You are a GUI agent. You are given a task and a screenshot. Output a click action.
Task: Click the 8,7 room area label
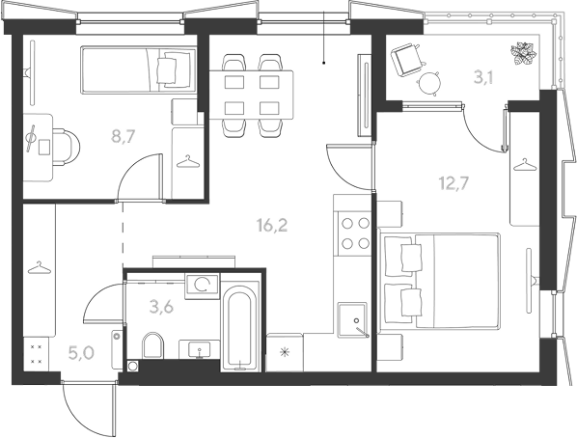coord(124,136)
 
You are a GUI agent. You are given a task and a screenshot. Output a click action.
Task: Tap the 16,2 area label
coord(272,225)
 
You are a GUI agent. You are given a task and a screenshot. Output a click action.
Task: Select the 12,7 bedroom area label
coord(454,183)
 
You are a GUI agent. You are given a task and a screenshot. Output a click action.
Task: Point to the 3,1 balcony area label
coord(482,77)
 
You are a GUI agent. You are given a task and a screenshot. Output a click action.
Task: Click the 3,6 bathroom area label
coord(161,306)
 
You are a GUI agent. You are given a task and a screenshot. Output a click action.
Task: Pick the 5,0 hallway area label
coord(81,352)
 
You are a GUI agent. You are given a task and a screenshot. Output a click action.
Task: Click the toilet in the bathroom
coord(152,345)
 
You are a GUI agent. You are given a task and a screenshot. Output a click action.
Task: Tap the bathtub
coord(240,326)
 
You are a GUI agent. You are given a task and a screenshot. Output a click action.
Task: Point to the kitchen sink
coord(353,319)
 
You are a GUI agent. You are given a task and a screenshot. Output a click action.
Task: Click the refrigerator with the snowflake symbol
coord(285,352)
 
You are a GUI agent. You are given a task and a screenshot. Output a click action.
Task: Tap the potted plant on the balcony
coord(523,54)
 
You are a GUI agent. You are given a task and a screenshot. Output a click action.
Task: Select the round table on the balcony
coord(428,84)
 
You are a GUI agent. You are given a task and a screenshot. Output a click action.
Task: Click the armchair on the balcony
coord(406,60)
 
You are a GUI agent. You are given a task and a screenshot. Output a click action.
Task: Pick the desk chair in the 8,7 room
coord(66,148)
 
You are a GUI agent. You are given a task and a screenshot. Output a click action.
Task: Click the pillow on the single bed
coord(168,69)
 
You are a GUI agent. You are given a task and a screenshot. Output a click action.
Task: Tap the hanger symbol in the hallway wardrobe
coord(40,268)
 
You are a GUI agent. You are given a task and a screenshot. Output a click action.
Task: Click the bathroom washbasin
coord(199,349)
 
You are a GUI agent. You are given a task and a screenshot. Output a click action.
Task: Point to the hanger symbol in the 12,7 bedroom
coord(525,165)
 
